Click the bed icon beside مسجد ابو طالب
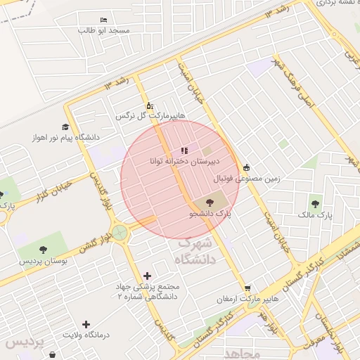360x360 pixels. (x=104, y=20)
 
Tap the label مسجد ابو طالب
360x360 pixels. (x=104, y=31)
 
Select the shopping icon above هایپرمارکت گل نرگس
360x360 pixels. (x=149, y=105)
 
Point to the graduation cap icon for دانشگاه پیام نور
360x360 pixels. (x=65, y=127)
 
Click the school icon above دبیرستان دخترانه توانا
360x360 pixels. (x=184, y=150)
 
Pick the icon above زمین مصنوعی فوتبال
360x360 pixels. (x=246, y=167)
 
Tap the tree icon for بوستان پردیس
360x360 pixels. (x=44, y=250)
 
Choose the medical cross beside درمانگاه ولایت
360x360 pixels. (x=86, y=324)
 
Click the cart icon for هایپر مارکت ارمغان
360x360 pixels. (x=247, y=288)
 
